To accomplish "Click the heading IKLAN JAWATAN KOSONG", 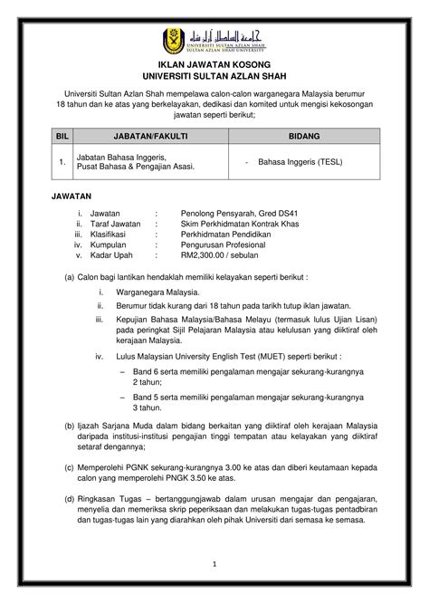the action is click(214, 64).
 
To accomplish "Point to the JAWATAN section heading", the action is click(76, 195).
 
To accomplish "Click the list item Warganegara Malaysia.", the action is click(151, 292).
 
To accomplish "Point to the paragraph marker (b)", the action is click(69, 424).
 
